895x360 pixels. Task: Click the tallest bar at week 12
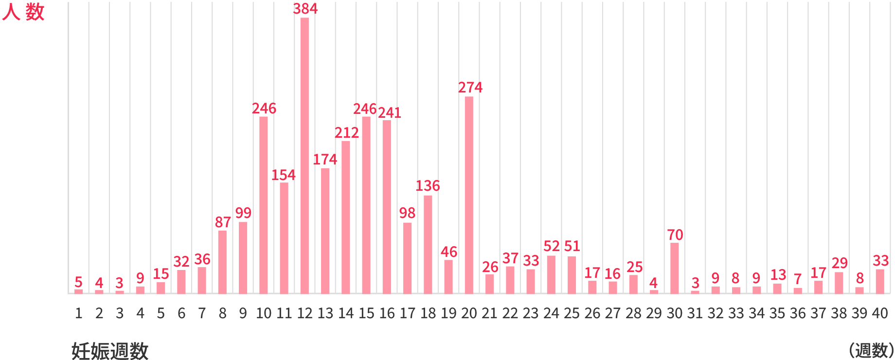click(x=304, y=156)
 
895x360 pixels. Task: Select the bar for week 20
click(x=469, y=195)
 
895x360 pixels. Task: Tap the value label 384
click(x=305, y=9)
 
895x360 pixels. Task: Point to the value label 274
click(x=470, y=88)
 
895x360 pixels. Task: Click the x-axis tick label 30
click(x=675, y=313)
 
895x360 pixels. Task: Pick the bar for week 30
click(x=675, y=268)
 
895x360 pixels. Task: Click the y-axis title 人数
click(x=23, y=12)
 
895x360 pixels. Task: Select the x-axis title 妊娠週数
click(x=110, y=350)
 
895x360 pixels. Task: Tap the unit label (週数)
click(x=870, y=350)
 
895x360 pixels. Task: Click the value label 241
click(x=390, y=113)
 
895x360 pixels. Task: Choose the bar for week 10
click(x=264, y=204)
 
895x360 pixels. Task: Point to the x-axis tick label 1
click(x=79, y=313)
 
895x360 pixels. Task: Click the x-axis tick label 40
click(x=880, y=313)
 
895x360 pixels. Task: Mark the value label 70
click(x=675, y=235)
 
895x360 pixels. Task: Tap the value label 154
click(x=284, y=175)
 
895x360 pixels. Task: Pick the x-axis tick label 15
click(x=366, y=313)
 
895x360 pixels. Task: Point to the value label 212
click(x=347, y=133)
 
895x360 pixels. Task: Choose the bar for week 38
click(x=839, y=283)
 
